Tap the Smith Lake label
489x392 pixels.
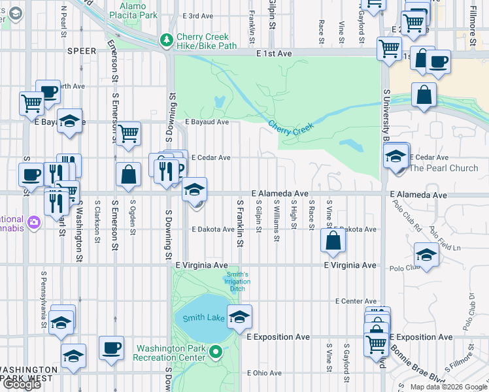pyautogui.click(x=199, y=319)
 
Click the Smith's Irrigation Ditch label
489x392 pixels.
pyautogui.click(x=238, y=282)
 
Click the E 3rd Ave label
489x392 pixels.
pyautogui.click(x=199, y=16)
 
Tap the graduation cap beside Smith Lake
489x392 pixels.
pyautogui.click(x=240, y=316)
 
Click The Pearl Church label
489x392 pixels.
pyautogui.click(x=443, y=168)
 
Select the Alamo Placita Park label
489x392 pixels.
pyautogui.click(x=137, y=9)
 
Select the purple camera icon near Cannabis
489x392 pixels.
pyautogui.click(x=33, y=223)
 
